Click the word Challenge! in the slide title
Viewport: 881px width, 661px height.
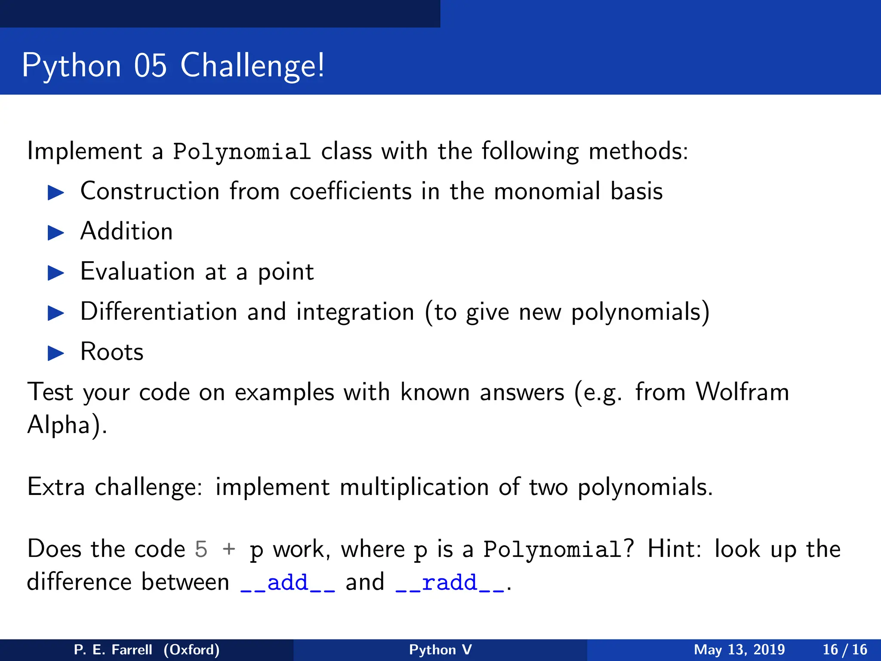click(x=252, y=66)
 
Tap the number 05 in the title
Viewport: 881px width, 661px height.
click(x=150, y=66)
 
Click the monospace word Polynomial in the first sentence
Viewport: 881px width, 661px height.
click(x=241, y=152)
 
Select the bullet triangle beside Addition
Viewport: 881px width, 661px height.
click(x=56, y=233)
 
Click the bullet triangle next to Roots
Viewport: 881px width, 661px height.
click(x=56, y=353)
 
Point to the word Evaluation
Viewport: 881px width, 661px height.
click(x=138, y=272)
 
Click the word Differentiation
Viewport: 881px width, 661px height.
click(x=159, y=312)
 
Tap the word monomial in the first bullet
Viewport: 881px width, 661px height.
click(x=547, y=191)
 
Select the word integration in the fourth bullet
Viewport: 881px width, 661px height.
click(x=355, y=312)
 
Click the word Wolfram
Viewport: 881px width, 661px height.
click(x=742, y=392)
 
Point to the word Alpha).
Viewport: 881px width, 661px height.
click(x=67, y=425)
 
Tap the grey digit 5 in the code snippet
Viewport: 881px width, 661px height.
click(x=201, y=550)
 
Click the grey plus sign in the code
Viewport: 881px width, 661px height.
click(x=229, y=550)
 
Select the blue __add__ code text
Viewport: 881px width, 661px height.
click(x=287, y=583)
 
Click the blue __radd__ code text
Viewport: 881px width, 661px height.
click(x=450, y=583)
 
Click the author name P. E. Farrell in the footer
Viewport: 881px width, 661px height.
click(x=113, y=649)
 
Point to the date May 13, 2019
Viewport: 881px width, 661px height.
click(x=739, y=649)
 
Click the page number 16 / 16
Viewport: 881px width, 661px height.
click(x=845, y=649)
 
